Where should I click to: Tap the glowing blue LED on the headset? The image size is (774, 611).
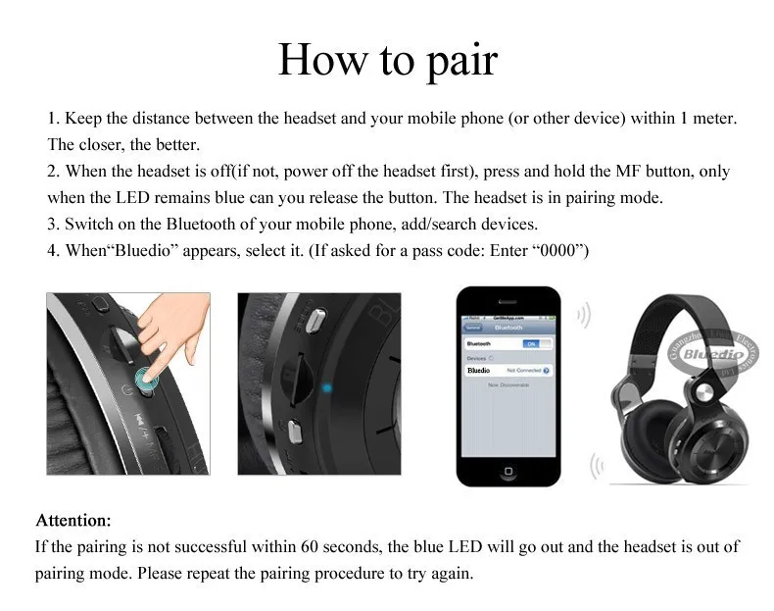coord(327,387)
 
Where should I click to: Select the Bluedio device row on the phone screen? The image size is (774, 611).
coord(508,371)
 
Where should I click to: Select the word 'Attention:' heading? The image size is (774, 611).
coord(73,520)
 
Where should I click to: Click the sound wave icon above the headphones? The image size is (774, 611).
coord(585,316)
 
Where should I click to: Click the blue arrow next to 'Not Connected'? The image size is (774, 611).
coord(546,371)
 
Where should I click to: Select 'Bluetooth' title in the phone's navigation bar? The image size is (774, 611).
coord(508,328)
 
